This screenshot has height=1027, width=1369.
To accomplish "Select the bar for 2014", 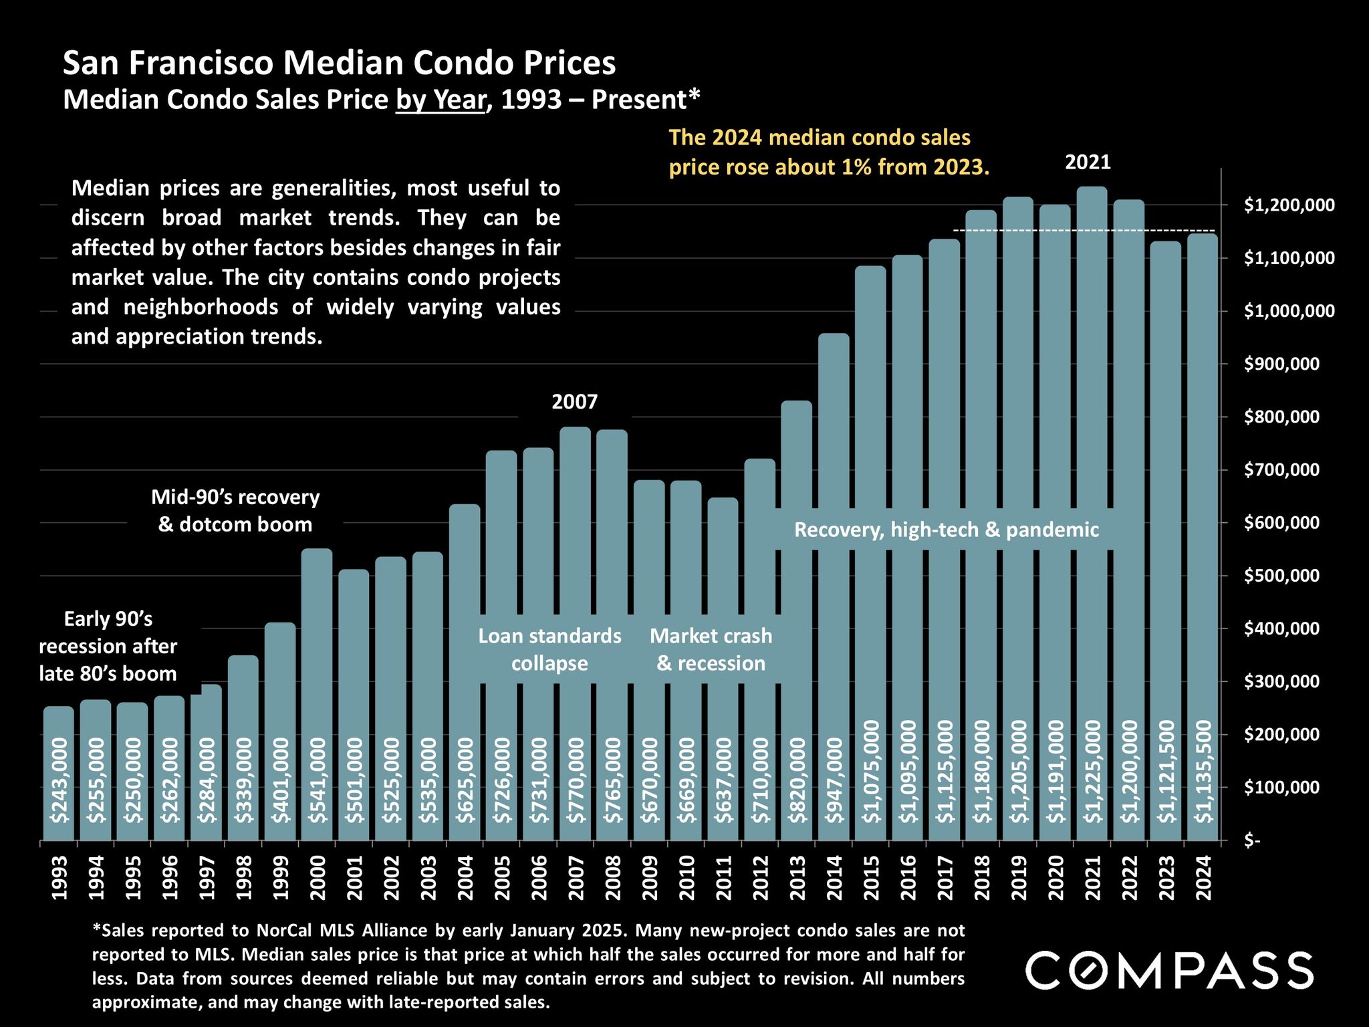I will pos(834,535).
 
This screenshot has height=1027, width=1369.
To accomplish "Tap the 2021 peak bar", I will pos(1092,468).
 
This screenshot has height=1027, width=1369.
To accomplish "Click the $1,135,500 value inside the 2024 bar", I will pos(1203,772).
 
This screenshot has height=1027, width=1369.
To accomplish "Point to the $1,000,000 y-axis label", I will pos(1289,312).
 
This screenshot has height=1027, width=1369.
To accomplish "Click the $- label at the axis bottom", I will pos(1251,841).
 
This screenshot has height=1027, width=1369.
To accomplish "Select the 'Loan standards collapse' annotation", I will pos(549,649).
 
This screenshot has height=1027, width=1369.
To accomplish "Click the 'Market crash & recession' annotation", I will pos(711,649).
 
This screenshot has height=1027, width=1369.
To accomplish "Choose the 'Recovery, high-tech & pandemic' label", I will pos(946,530).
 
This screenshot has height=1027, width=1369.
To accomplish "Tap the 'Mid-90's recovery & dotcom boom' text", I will pos(235,511).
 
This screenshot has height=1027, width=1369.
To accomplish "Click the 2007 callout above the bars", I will pos(574,402).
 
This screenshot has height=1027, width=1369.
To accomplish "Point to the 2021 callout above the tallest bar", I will pos(1088,162).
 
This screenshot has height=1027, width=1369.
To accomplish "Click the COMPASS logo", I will pos(1169,970).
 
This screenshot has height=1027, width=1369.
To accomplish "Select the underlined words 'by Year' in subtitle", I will pos(441,100).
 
